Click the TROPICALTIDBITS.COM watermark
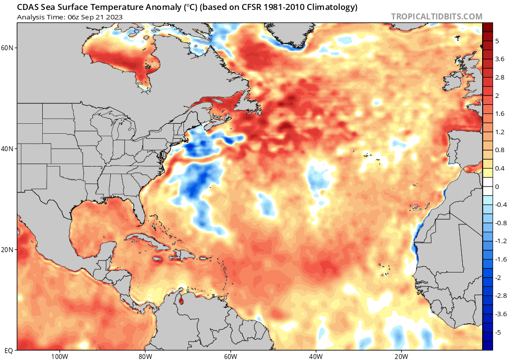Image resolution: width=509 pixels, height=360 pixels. pyautogui.click(x=436, y=16)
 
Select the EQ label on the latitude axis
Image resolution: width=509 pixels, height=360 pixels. pyautogui.click(x=9, y=351)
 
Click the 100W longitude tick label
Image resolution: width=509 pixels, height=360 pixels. pyautogui.click(x=59, y=356)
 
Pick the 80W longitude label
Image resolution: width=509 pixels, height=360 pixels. pyautogui.click(x=145, y=356)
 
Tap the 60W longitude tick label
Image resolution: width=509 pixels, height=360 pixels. pyautogui.click(x=230, y=356)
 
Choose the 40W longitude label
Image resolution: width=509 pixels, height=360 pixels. pyautogui.click(x=316, y=356)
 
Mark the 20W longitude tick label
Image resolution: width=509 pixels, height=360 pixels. pyautogui.click(x=401, y=356)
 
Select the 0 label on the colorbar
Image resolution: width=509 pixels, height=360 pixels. pyautogui.click(x=497, y=186)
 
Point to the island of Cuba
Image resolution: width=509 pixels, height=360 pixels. pyautogui.click(x=149, y=242)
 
